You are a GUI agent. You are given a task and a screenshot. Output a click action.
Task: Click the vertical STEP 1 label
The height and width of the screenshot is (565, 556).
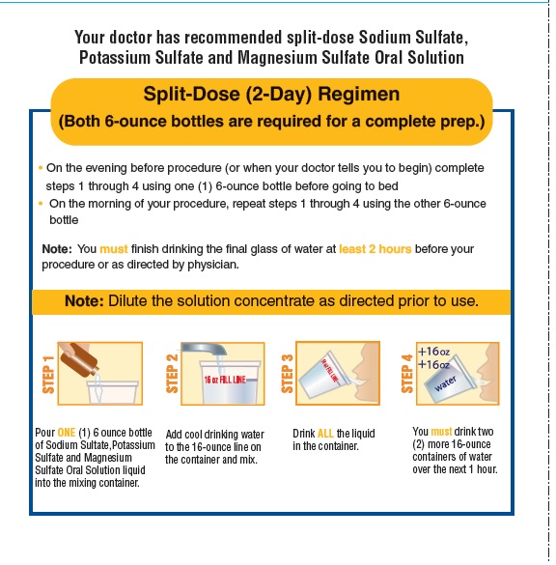48,375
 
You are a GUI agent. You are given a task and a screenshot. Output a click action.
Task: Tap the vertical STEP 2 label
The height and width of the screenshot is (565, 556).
172,374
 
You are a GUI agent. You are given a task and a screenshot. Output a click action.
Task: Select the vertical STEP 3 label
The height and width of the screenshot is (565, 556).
287,374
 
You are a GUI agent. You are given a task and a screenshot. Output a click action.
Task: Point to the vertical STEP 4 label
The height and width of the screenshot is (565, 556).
407,374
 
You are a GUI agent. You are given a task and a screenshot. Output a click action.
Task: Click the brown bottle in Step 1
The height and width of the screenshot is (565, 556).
78,359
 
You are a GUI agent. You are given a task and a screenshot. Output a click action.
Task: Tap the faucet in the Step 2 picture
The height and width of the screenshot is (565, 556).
205,350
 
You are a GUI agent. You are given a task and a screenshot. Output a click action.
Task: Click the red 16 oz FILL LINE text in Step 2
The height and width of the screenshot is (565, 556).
225,380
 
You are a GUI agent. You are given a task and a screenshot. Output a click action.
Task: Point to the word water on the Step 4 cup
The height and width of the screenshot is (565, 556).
446,383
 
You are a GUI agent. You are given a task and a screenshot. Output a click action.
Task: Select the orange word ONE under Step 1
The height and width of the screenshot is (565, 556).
67,432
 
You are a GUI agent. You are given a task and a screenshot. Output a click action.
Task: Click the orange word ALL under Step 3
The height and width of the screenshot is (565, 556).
325,433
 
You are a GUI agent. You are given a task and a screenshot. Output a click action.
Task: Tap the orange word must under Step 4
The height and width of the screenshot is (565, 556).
441,432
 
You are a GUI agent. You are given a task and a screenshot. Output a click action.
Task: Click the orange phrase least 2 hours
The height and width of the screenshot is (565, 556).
375,249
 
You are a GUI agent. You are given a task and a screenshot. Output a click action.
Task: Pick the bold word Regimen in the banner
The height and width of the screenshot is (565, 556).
359,94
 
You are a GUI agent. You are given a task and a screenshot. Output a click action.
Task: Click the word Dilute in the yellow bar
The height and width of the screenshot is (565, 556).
127,301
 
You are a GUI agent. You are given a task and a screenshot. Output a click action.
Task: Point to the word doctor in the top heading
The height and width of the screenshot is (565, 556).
130,37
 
